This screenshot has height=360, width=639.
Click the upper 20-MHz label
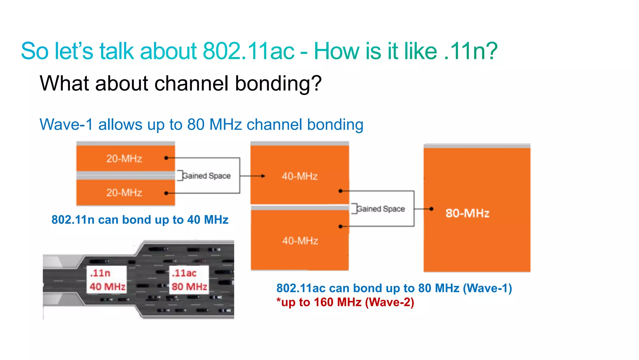click(124, 159)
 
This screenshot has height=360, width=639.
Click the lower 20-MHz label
click(124, 193)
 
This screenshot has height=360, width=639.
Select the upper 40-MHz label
click(300, 176)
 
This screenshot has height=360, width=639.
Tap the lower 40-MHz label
click(300, 241)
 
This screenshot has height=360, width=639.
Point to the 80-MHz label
click(467, 213)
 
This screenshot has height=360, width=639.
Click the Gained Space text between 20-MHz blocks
click(206, 176)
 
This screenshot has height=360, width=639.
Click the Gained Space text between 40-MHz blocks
click(381, 209)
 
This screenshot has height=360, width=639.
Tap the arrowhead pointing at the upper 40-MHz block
click(263, 176)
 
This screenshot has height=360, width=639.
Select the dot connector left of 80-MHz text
click(431, 209)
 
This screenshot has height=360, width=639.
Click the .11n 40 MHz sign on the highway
click(107, 280)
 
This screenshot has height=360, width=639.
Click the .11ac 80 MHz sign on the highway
click(189, 280)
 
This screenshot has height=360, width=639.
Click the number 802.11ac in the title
click(248, 51)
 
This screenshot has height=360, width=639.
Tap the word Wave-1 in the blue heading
click(66, 125)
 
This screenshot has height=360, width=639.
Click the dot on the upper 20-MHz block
click(166, 158)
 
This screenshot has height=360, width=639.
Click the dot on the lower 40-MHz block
click(340, 226)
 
